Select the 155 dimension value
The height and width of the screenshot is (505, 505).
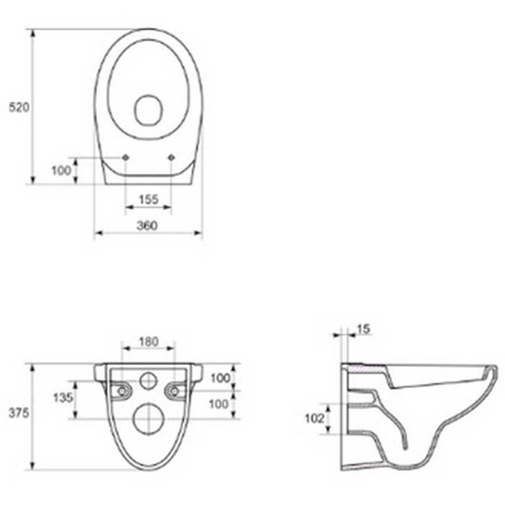point(148,199)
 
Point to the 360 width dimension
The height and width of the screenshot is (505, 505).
point(147,226)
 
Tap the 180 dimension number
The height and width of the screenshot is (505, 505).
point(148,342)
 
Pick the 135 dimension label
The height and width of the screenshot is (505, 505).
point(63,397)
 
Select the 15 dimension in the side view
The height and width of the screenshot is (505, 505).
point(363,329)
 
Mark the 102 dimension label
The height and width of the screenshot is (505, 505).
point(314,418)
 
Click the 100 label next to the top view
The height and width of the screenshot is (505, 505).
point(62,171)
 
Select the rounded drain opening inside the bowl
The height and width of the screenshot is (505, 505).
point(148,110)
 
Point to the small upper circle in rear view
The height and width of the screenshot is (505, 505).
point(148,380)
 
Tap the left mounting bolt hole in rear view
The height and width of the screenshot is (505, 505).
point(121,390)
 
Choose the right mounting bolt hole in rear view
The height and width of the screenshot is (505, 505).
point(175,390)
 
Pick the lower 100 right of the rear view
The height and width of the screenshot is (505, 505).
point(220,404)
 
